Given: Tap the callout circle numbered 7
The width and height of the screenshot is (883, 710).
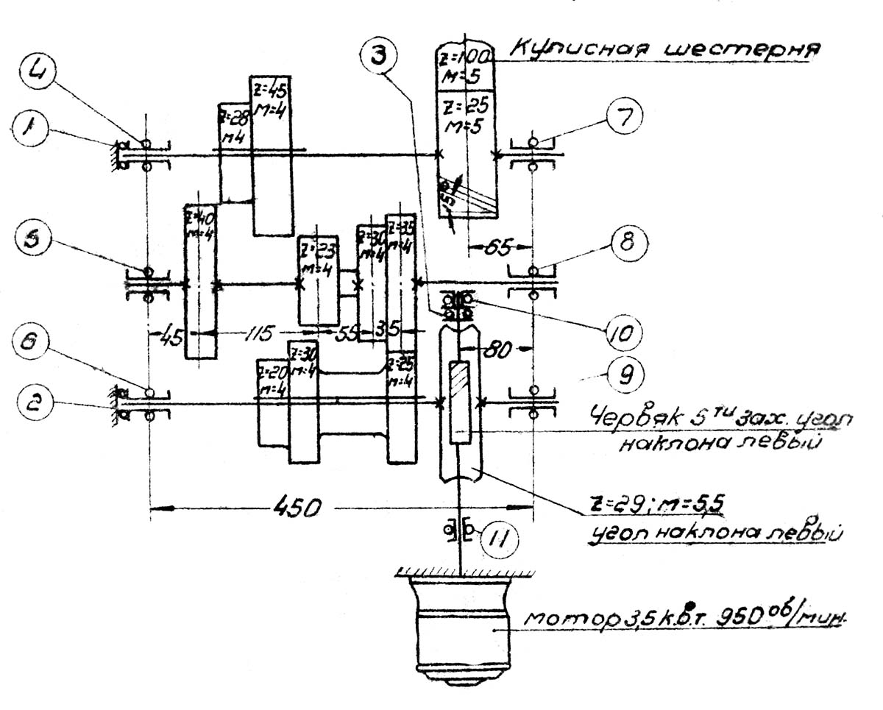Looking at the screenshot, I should point(624,116).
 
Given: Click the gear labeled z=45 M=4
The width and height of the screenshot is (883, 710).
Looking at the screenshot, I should point(272,155).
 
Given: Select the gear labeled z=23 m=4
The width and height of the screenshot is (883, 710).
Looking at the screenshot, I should point(318,280).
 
